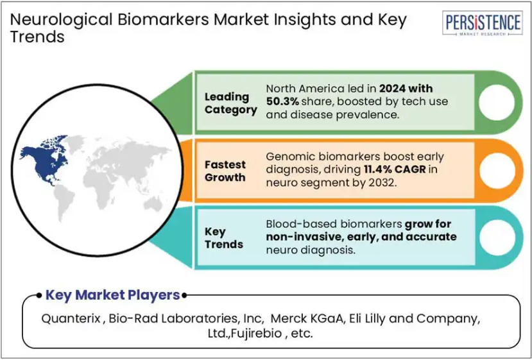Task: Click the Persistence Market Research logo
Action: pos(482,22)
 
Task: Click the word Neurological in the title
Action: pos(61,20)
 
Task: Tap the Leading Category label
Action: pos(231,103)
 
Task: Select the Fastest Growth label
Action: pos(225,171)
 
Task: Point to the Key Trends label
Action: pos(223,238)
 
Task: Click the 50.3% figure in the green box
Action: pos(282,101)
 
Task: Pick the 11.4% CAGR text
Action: pos(395,169)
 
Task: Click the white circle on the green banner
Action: pos(497,103)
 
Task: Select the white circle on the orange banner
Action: pos(497,170)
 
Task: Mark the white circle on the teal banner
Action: pos(497,237)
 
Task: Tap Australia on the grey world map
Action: pos(153,204)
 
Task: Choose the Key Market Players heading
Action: pos(113,295)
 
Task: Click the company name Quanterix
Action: pos(71,318)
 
